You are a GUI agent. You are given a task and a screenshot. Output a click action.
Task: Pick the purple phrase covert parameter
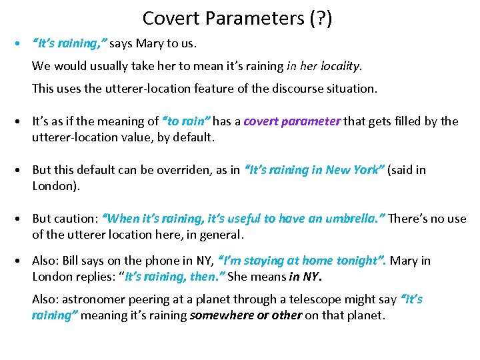pyautogui.click(x=292, y=121)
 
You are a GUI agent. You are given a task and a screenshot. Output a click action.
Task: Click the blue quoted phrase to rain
pyautogui.click(x=186, y=121)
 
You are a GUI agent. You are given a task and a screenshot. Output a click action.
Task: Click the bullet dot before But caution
pyautogui.click(x=23, y=219)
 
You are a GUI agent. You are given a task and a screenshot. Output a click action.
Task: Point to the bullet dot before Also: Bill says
pyautogui.click(x=23, y=261)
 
